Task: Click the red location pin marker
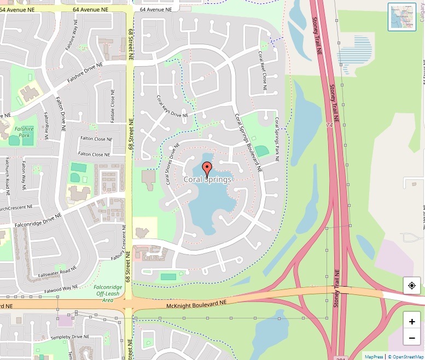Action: point(207,169)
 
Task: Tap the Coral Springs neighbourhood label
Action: point(207,179)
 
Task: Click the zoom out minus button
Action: point(412,338)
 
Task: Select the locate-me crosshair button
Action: point(412,286)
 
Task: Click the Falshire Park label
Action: point(24,132)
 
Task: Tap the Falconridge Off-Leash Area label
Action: point(108,293)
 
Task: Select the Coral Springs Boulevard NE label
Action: point(248,143)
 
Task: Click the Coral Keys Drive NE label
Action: point(173,107)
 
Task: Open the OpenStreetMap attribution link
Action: point(406,357)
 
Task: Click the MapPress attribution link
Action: point(375,357)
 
